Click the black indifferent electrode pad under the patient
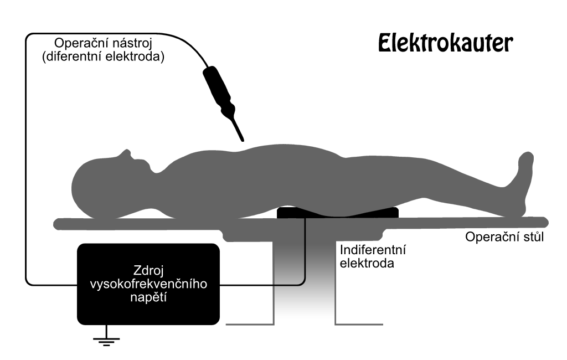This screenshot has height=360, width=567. [337, 212]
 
